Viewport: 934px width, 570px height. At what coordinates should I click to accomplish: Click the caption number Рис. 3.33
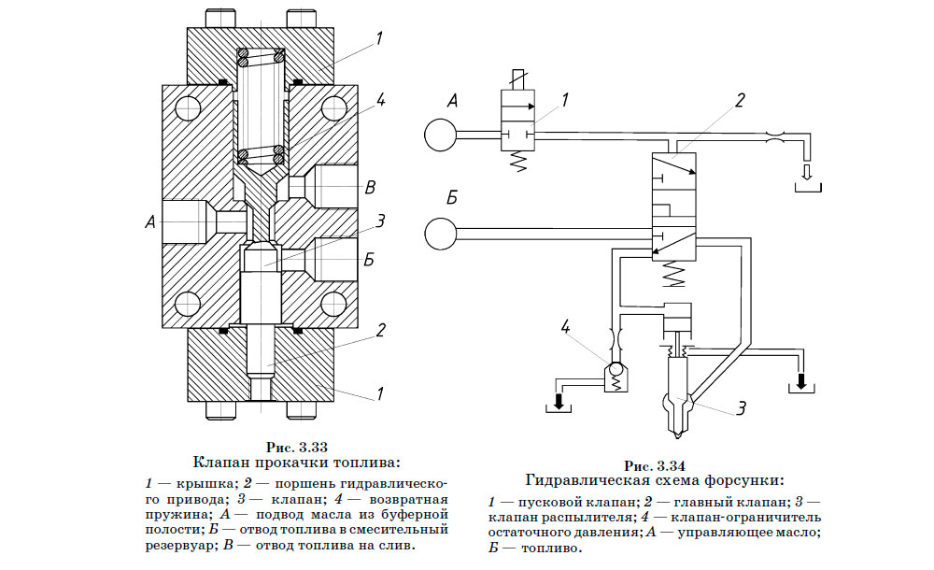click(296, 446)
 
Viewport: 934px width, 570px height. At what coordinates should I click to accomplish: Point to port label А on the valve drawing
click(149, 222)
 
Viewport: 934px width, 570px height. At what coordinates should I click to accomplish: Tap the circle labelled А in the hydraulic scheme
click(440, 135)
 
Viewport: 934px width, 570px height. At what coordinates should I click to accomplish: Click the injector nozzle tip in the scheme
click(676, 433)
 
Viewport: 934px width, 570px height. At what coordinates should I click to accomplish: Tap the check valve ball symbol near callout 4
click(616, 372)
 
